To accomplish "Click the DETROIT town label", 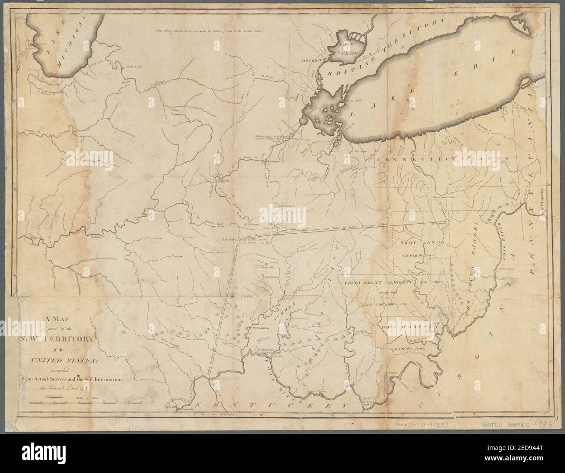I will (312, 59).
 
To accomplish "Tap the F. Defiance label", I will (272, 161).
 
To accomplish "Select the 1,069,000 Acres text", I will (407, 349).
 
